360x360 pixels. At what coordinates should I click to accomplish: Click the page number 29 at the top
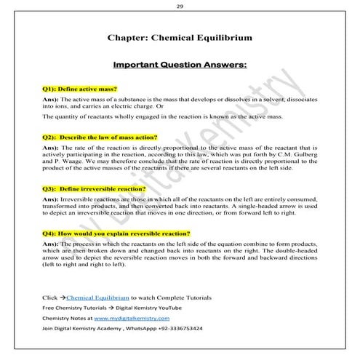[180, 7]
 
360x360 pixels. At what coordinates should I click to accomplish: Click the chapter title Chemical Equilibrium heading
[180, 35]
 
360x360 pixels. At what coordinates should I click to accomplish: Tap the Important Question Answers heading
[180, 65]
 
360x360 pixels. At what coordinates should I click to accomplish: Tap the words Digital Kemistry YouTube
[145, 308]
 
